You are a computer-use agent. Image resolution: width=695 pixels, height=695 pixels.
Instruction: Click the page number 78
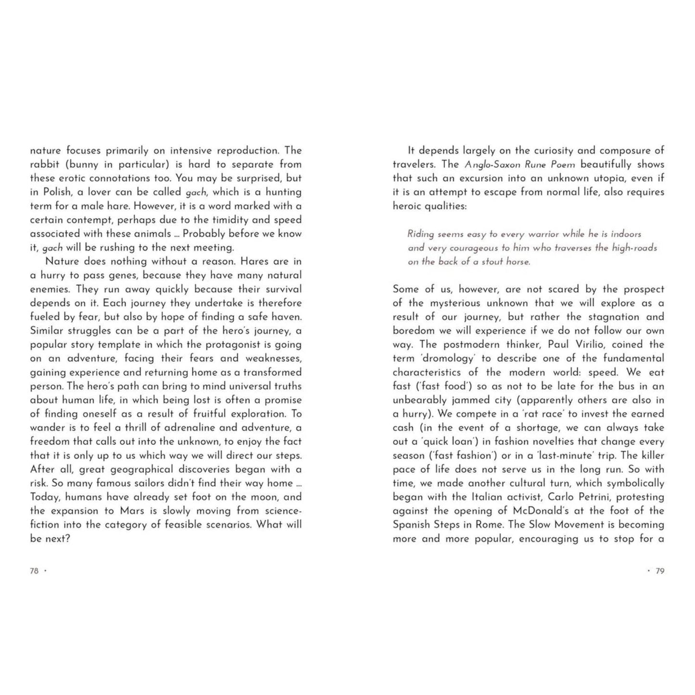tap(34, 571)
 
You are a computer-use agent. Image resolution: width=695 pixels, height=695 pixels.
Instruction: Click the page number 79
tap(660, 571)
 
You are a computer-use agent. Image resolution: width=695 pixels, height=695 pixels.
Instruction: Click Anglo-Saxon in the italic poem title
tap(486, 164)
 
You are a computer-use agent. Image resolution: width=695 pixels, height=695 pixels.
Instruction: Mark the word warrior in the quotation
tap(543, 234)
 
